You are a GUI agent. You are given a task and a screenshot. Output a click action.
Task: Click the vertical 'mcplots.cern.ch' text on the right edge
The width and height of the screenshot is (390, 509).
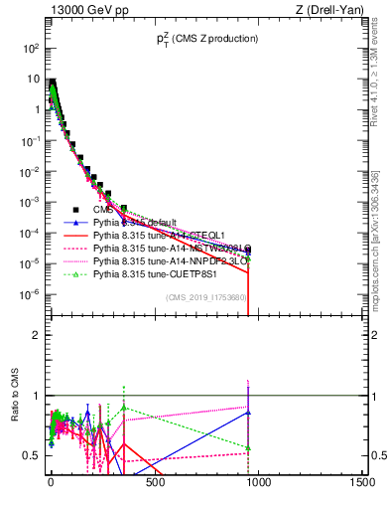[382, 239]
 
